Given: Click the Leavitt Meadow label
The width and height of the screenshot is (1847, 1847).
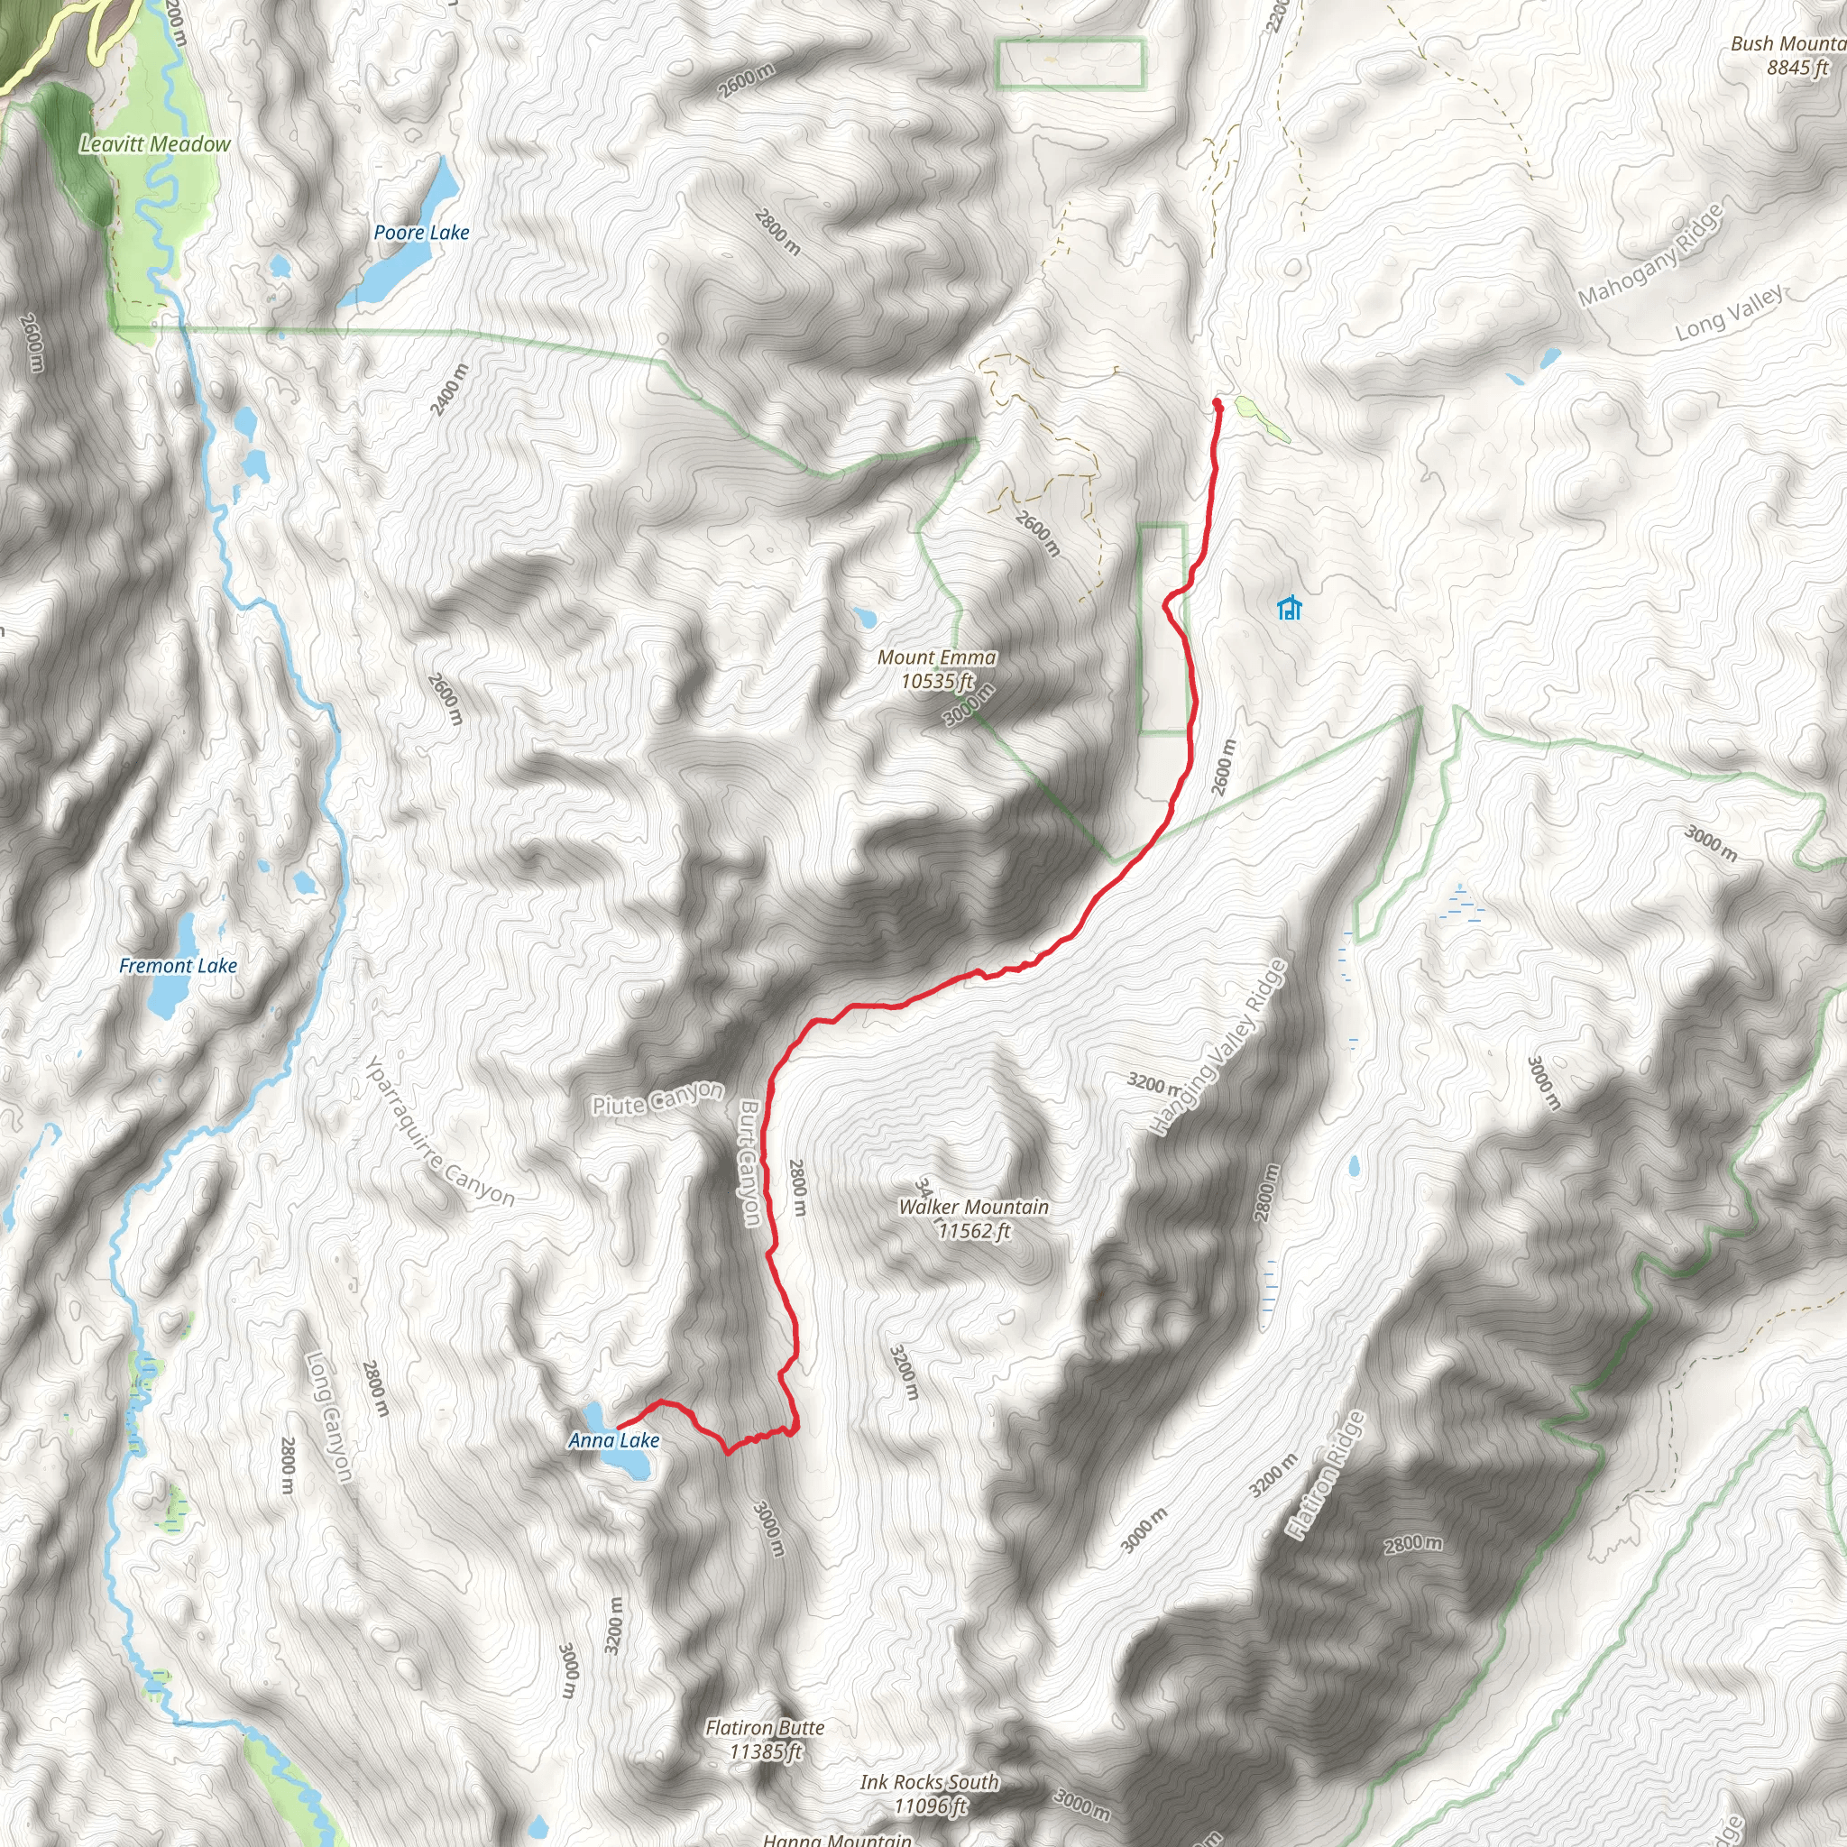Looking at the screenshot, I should coord(155,144).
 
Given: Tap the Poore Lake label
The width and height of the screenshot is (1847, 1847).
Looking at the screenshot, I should coord(420,233).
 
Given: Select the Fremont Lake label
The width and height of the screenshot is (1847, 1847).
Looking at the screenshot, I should coord(178,966).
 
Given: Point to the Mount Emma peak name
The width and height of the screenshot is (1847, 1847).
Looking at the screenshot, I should coord(936,657).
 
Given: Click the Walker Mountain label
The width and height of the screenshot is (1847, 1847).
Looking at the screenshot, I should coord(973,1208).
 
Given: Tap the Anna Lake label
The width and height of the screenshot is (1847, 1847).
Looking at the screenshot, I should coord(614,1439).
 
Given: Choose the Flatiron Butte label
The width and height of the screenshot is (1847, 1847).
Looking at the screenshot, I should coord(765,1727).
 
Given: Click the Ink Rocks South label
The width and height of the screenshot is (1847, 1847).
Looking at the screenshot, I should coord(929,1782).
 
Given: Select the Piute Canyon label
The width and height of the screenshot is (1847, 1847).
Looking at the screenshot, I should coord(657,1099).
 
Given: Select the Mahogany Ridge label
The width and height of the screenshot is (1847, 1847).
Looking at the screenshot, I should coord(1650,255).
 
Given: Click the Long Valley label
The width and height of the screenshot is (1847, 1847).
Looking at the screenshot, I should coord(1730,313).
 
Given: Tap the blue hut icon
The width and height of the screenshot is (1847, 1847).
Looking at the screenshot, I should coord(1290,608).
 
